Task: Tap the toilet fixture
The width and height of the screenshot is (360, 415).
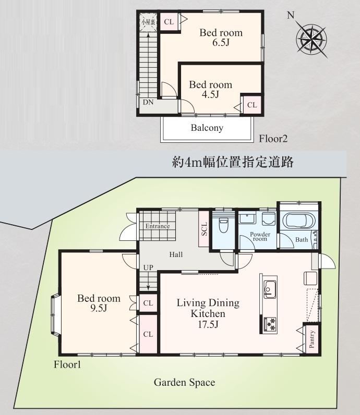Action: click(x=224, y=224)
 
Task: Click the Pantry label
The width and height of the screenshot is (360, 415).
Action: click(x=312, y=339)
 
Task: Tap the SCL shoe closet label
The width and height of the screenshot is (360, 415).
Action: click(x=204, y=229)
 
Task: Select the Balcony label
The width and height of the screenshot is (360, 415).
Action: click(x=207, y=128)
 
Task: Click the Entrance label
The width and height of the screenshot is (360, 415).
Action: click(x=158, y=226)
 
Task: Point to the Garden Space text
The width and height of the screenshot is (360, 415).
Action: click(x=184, y=383)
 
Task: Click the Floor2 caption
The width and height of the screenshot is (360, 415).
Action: click(x=273, y=139)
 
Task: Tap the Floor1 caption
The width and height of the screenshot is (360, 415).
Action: click(x=67, y=365)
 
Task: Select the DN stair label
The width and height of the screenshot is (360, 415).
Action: click(x=148, y=102)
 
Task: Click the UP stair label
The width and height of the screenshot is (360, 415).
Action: click(x=148, y=267)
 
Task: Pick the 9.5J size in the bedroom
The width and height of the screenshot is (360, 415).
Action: click(x=99, y=309)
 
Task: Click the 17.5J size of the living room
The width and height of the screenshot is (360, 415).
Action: click(x=208, y=324)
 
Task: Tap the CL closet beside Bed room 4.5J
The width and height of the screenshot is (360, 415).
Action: click(x=252, y=105)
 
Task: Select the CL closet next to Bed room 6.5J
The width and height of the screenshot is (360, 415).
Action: click(x=169, y=22)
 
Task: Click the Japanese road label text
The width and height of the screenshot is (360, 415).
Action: click(x=233, y=162)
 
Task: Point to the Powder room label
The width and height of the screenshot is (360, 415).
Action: click(x=260, y=236)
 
